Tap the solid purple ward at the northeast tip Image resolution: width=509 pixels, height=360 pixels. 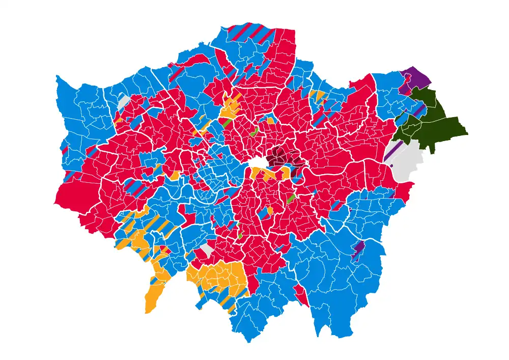(418, 78)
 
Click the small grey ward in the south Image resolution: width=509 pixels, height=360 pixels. (206, 249)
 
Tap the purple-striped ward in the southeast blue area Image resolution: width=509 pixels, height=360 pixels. (359, 248)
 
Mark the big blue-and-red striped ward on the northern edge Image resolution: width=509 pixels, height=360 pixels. (249, 33)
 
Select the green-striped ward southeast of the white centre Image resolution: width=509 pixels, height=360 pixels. (291, 198)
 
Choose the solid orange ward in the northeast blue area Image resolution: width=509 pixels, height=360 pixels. (320, 96)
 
